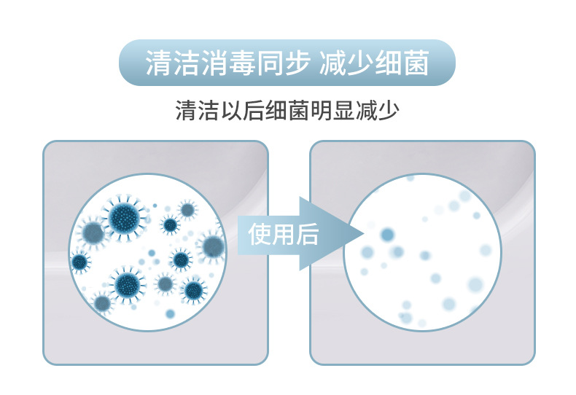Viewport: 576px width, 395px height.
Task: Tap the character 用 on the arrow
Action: click(x=284, y=234)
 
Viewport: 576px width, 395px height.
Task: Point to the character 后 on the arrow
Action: click(x=307, y=234)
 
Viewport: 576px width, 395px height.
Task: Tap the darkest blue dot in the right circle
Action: click(x=387, y=235)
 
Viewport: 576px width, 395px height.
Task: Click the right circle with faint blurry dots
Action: click(x=423, y=252)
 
